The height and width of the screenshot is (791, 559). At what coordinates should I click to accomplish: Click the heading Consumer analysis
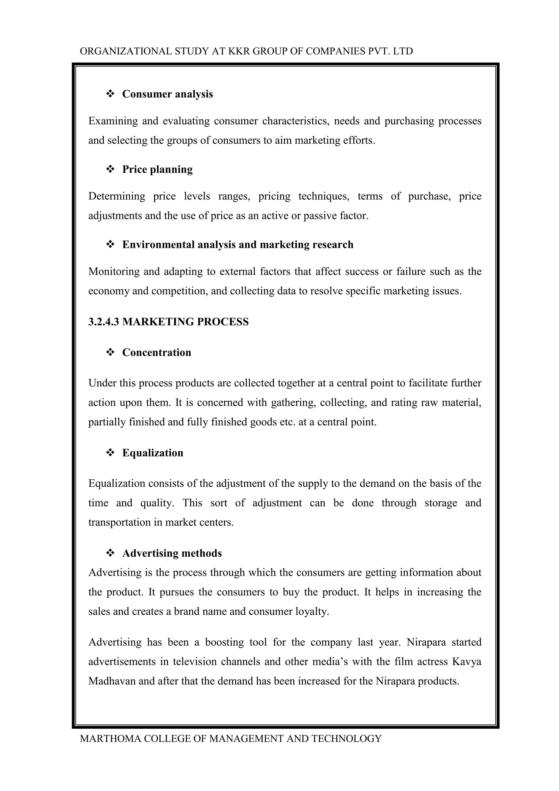coord(167,94)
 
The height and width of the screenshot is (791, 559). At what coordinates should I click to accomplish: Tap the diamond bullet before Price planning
coord(110,169)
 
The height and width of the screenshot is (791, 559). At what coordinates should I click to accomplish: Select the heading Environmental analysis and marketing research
coord(237,245)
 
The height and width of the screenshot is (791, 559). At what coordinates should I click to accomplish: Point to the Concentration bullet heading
coord(156,352)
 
